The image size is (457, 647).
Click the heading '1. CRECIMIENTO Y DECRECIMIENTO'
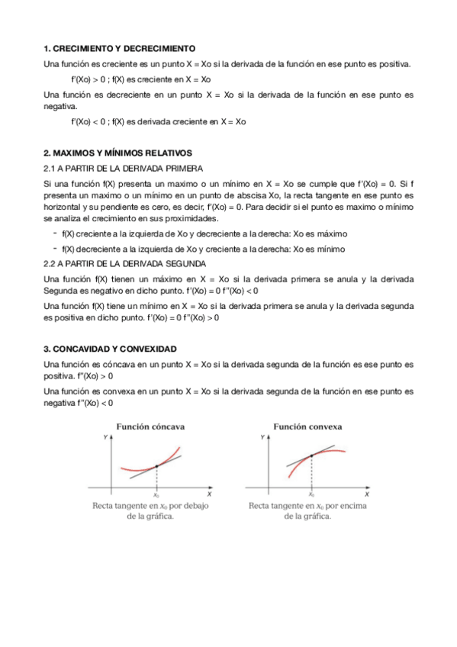click(119, 47)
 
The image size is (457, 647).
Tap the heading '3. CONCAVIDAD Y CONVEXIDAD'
click(110, 348)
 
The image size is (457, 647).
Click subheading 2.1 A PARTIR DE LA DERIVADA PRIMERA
click(123, 168)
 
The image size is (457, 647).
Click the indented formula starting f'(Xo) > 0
click(140, 79)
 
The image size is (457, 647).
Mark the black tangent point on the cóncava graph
click(156, 465)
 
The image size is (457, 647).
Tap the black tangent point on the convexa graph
click(311, 456)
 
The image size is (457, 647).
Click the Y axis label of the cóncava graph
click(105, 438)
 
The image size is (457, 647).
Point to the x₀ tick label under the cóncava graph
click(156, 494)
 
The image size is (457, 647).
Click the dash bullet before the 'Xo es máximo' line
click(55, 233)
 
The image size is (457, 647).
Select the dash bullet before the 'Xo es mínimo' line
click(55, 249)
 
